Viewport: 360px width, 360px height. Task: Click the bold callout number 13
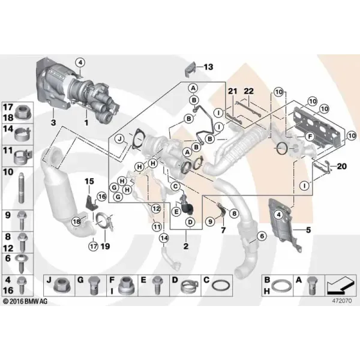tap(208, 67)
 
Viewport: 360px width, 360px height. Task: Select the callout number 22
tap(248, 91)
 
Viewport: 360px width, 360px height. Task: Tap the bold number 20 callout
tap(341, 166)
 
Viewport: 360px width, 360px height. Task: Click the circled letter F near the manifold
tap(310, 137)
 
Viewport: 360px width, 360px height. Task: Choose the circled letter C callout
tap(176, 186)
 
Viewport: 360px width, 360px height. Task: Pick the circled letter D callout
tap(191, 222)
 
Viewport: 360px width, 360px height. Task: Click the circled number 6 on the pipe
tap(262, 236)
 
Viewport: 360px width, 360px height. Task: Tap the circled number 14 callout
tap(164, 238)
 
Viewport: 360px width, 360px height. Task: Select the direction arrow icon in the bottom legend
tap(340, 286)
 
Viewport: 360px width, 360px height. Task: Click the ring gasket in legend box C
tap(220, 287)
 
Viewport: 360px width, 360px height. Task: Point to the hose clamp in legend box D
tap(190, 287)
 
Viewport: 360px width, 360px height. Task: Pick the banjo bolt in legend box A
tap(312, 286)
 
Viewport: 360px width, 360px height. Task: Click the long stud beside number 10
tap(21, 188)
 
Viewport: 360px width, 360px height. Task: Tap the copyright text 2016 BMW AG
tap(25, 301)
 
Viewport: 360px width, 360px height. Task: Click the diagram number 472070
tap(342, 301)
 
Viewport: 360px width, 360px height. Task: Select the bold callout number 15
tap(89, 181)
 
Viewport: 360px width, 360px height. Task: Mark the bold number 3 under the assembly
tap(53, 122)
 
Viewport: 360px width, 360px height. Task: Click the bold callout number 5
tap(308, 230)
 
